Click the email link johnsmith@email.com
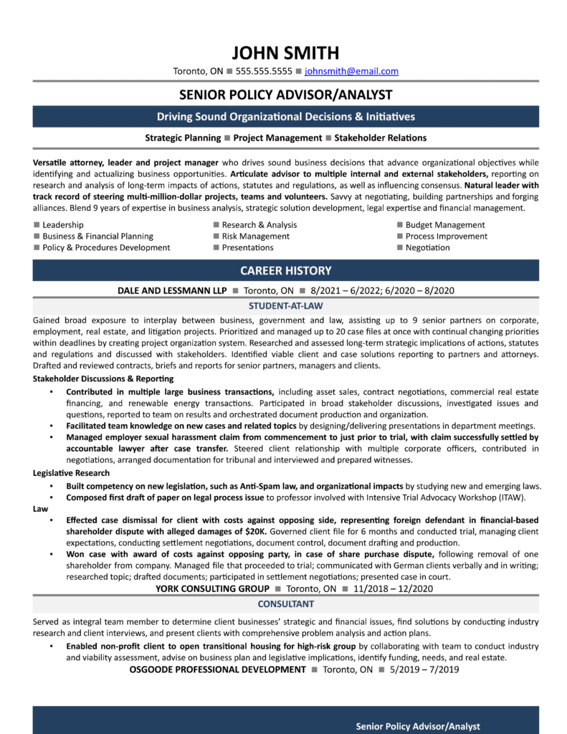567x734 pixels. point(351,72)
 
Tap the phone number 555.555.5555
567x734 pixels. point(264,72)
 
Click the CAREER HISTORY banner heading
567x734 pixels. point(285,270)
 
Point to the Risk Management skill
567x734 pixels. point(256,236)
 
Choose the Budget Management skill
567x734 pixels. point(445,224)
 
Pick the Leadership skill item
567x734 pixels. point(63,224)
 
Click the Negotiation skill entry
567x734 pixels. point(428,247)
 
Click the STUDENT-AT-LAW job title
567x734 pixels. point(285,305)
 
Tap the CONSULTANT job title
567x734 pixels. point(285,604)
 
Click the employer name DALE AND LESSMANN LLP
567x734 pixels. point(172,291)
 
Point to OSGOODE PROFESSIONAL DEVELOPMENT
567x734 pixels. point(218,669)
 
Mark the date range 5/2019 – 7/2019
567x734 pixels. point(424,669)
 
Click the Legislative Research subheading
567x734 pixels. point(71,473)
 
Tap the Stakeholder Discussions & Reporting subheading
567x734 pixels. point(103,378)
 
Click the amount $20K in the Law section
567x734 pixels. point(254,531)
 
